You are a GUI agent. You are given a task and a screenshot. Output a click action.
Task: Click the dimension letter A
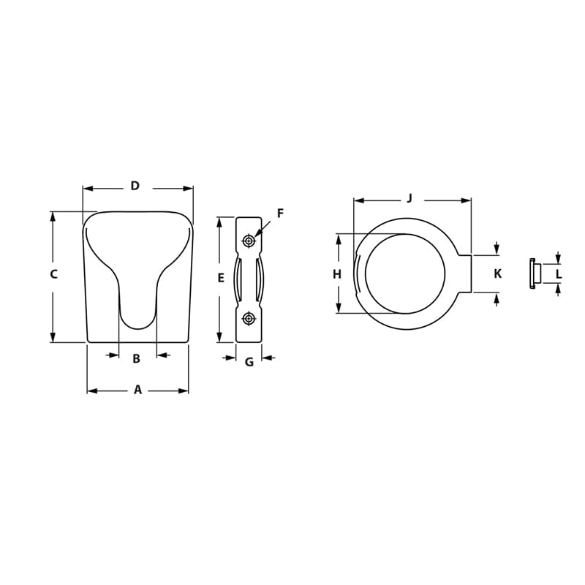click(x=137, y=390)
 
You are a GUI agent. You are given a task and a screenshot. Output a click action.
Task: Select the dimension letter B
click(x=136, y=358)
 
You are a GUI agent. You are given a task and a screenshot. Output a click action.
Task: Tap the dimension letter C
click(x=53, y=274)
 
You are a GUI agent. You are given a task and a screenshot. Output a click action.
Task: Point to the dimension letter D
click(x=135, y=186)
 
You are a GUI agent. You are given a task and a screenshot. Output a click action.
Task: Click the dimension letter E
click(x=221, y=278)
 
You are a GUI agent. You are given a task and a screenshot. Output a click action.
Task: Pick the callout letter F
click(x=280, y=214)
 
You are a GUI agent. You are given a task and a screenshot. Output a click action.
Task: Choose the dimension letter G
click(x=249, y=361)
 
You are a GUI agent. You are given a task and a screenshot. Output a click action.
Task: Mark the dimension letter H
click(x=337, y=274)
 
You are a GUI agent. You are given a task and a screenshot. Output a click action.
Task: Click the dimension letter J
click(x=409, y=197)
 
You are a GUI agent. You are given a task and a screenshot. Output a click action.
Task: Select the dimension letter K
click(x=497, y=274)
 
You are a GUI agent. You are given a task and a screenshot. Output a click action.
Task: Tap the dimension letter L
click(x=559, y=274)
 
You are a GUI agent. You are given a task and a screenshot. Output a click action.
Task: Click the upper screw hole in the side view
click(x=249, y=241)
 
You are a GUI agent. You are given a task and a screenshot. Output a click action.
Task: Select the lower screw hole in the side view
click(x=249, y=318)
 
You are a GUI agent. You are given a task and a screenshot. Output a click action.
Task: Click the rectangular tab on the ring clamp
click(x=465, y=274)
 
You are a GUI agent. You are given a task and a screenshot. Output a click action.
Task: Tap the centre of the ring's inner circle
click(x=405, y=274)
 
